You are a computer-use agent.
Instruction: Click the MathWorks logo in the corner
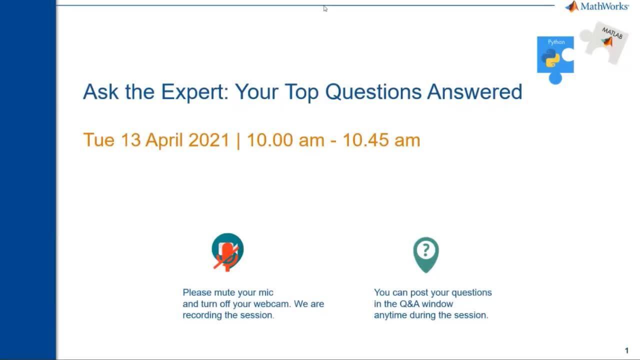597,6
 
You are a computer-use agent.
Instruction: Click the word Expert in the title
195,92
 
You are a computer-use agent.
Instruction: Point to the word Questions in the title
373,92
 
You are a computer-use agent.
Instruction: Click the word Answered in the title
474,92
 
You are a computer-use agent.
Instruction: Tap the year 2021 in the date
209,140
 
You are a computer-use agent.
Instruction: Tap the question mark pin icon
426,255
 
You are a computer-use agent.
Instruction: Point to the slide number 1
626,350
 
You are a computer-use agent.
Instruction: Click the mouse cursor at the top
325,9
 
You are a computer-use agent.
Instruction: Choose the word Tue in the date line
99,140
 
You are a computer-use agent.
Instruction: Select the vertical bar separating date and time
238,140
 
